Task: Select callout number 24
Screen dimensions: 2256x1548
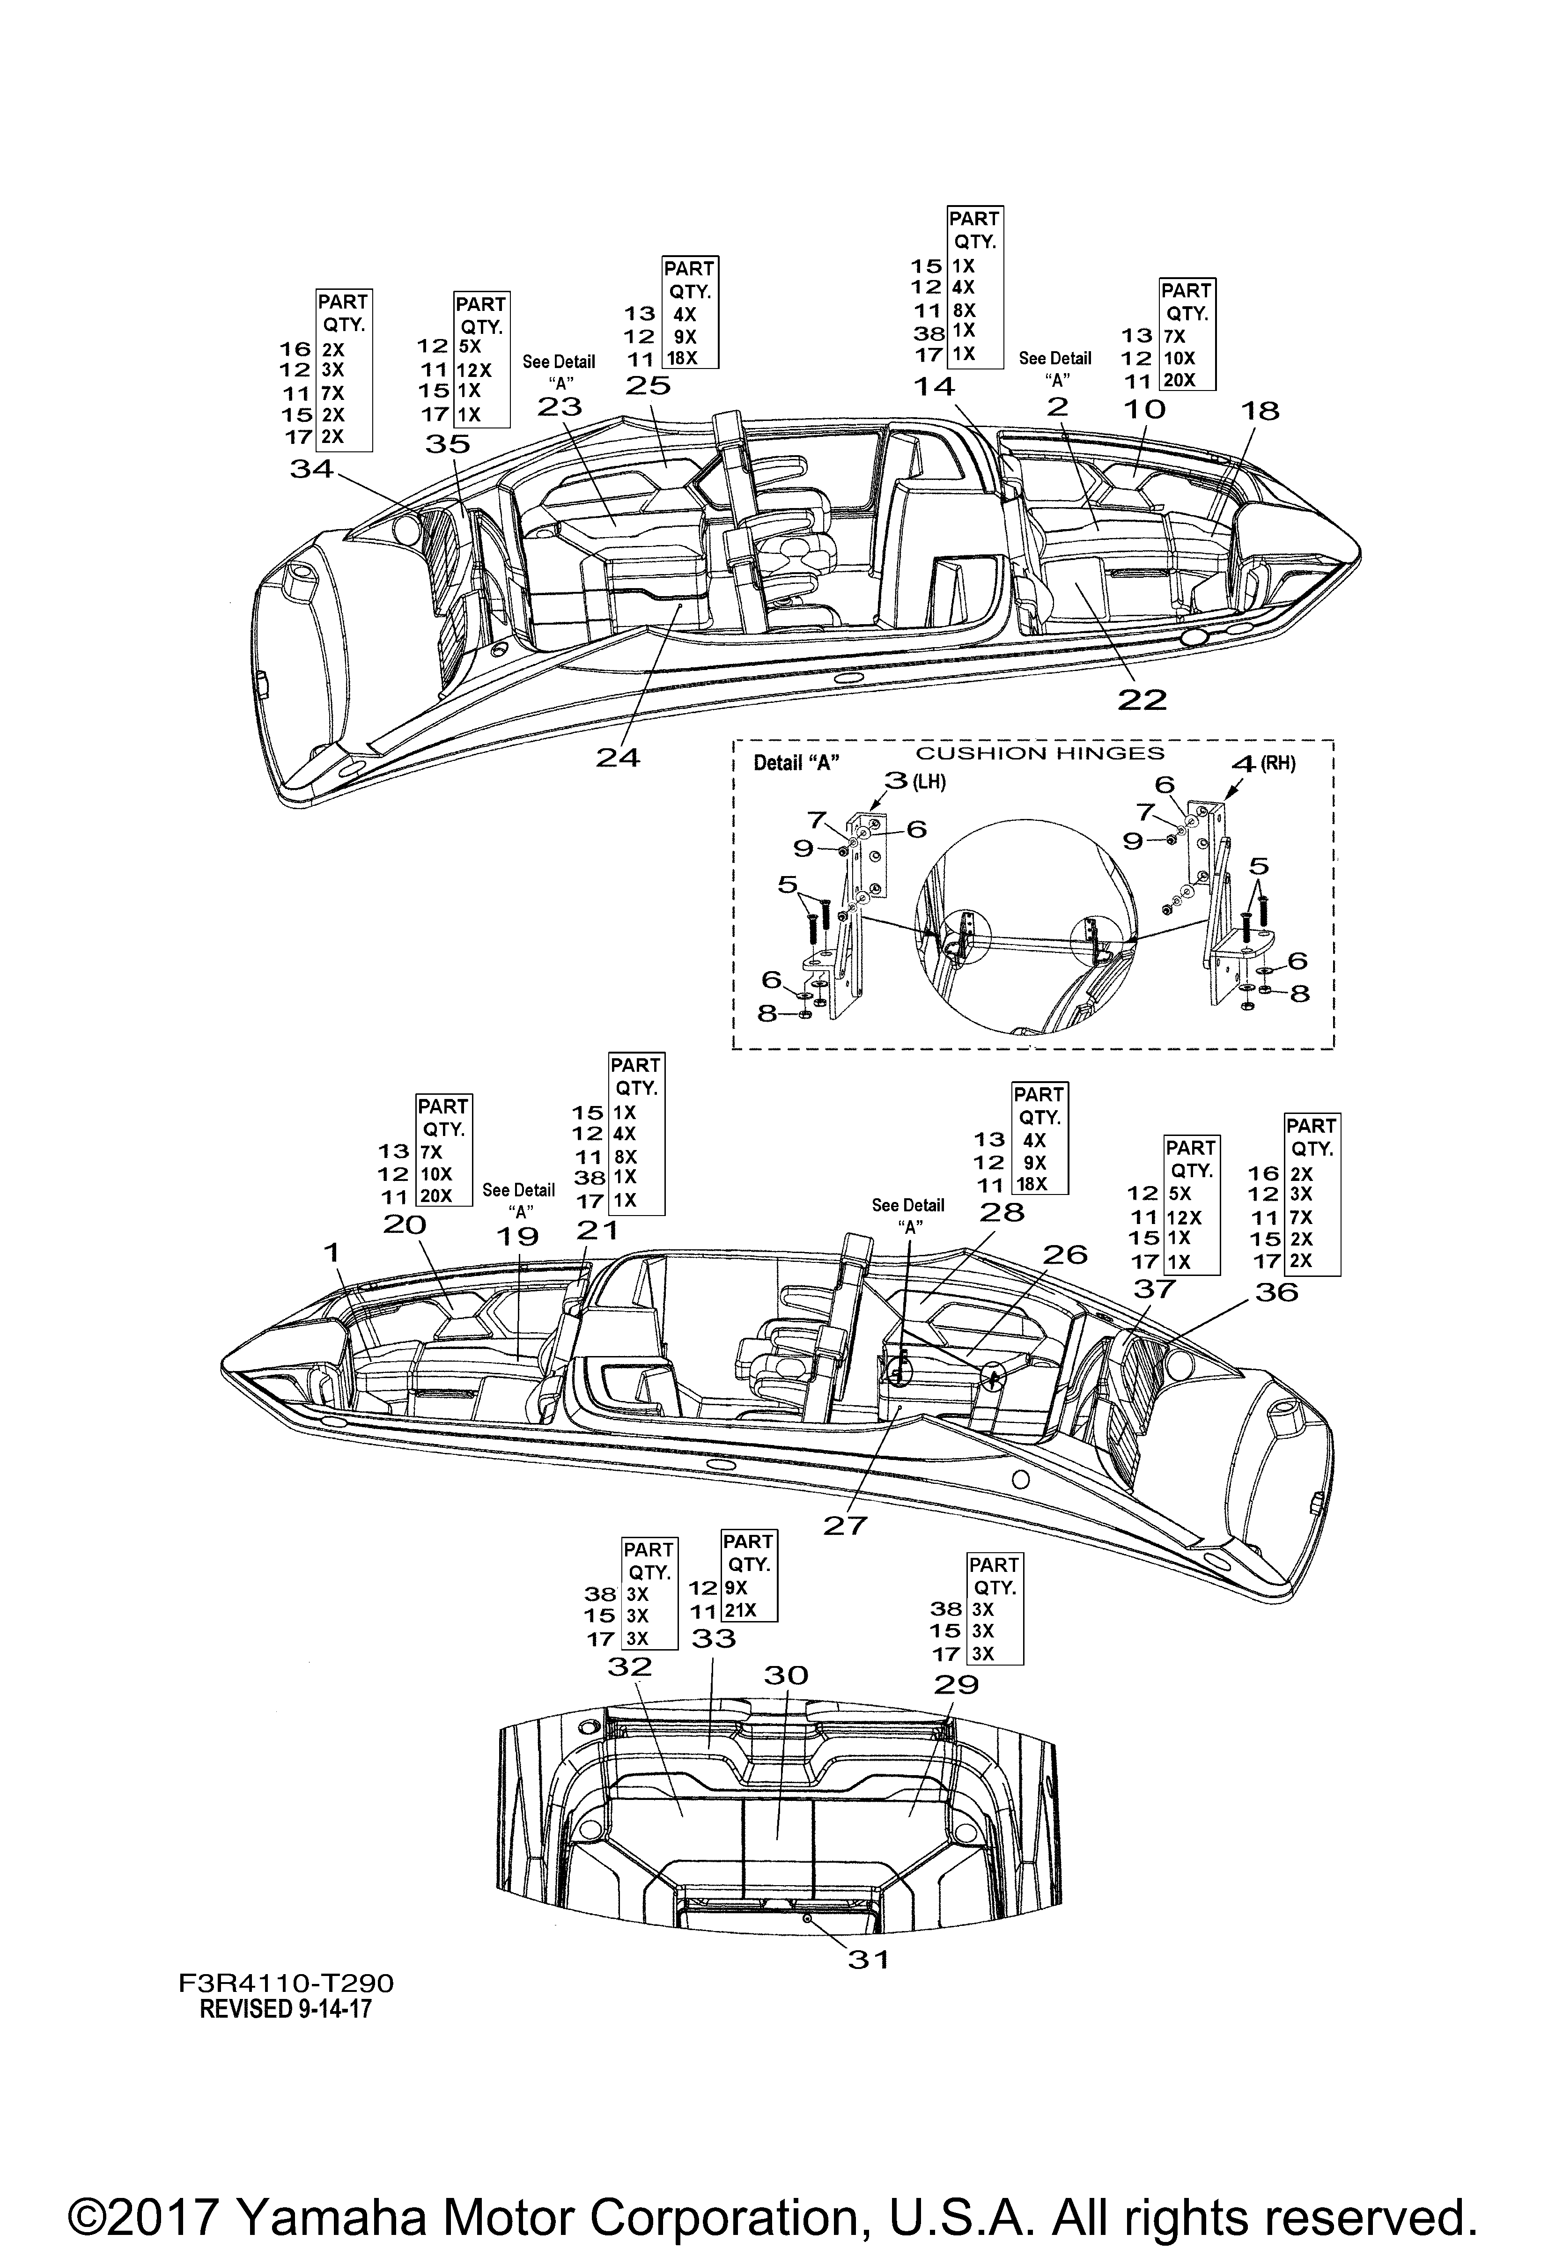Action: [618, 758]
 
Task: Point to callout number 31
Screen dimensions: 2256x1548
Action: [869, 1960]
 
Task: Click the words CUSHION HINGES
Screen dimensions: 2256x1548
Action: [1040, 753]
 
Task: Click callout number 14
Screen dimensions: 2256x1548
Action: [934, 386]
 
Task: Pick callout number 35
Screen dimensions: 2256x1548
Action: [448, 445]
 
